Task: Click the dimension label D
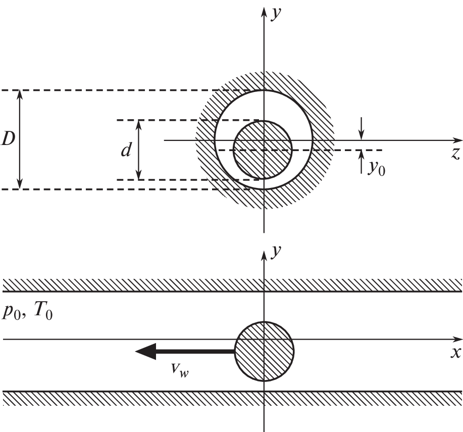coord(8,140)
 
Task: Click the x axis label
coord(456,352)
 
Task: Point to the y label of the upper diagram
coord(276,14)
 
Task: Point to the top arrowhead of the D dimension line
coord(20,94)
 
